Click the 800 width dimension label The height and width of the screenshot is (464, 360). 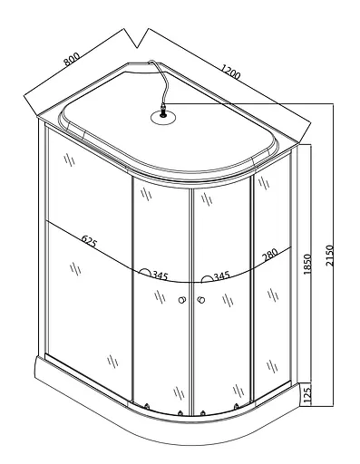[72, 59]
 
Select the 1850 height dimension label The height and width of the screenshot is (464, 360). [307, 264]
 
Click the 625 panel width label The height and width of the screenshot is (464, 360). [90, 241]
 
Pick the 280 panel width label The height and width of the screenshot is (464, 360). [270, 254]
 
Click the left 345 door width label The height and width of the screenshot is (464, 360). [160, 275]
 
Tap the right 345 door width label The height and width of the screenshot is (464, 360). [222, 275]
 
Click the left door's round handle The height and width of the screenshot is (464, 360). [182, 300]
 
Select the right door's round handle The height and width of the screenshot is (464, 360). [201, 300]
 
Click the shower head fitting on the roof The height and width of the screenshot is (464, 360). [163, 111]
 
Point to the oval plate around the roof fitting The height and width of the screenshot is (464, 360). [163, 117]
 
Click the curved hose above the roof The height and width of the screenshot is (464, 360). [161, 79]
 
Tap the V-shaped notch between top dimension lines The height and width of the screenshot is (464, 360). [137, 47]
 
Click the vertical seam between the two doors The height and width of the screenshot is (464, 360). [190, 302]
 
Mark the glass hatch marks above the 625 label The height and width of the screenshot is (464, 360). [70, 159]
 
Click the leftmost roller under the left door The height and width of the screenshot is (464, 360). [147, 407]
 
